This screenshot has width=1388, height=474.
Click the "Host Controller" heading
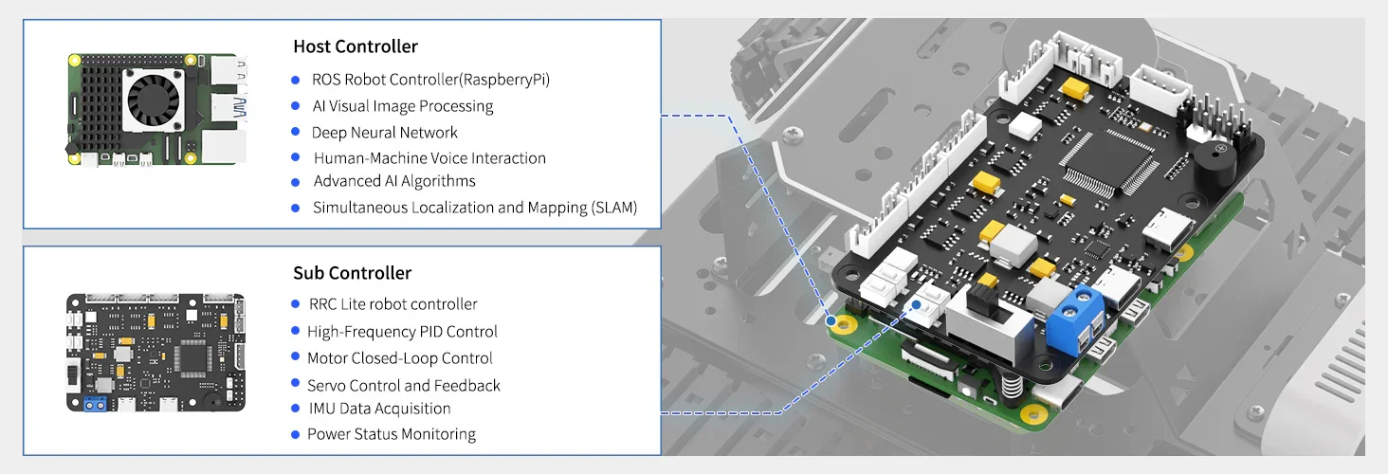click(x=356, y=46)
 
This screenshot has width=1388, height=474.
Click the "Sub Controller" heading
click(x=352, y=273)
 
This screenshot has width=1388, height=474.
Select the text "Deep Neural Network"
click(x=385, y=133)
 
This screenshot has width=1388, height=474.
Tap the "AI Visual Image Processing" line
click(x=403, y=106)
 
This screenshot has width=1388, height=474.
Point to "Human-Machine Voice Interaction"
click(x=429, y=158)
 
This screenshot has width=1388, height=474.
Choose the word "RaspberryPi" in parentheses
click(x=508, y=80)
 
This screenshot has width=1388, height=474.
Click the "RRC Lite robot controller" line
click(x=393, y=304)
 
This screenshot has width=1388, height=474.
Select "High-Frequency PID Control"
click(x=402, y=332)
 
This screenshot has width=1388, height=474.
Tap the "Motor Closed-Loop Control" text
click(x=400, y=358)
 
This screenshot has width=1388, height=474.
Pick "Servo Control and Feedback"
click(x=404, y=386)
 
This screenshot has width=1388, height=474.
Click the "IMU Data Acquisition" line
click(x=379, y=409)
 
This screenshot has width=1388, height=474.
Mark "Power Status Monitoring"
click(x=392, y=434)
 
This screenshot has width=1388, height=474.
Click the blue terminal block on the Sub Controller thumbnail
click(x=94, y=404)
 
